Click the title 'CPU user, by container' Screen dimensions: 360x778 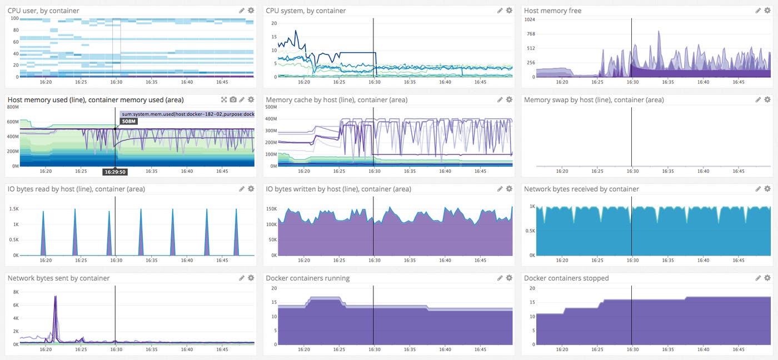click(x=43, y=11)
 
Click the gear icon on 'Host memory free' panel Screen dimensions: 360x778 click(x=767, y=11)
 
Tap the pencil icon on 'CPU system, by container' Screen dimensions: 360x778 click(x=500, y=11)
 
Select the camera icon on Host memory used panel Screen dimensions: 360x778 click(x=233, y=99)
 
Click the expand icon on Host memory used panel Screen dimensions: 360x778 click(x=224, y=99)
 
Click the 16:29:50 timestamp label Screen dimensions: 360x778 click(x=115, y=172)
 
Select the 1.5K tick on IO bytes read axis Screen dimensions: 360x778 click(x=14, y=209)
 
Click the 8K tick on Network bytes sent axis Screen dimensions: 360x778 click(x=16, y=292)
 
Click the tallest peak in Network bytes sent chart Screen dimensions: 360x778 click(x=56, y=297)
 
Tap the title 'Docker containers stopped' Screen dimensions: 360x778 click(x=566, y=278)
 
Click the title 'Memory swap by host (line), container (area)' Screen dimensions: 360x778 click(x=594, y=100)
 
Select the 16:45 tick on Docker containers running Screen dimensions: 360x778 click(x=480, y=350)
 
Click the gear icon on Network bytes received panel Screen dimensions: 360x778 click(x=767, y=189)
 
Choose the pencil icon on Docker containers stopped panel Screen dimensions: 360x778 click(x=758, y=278)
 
